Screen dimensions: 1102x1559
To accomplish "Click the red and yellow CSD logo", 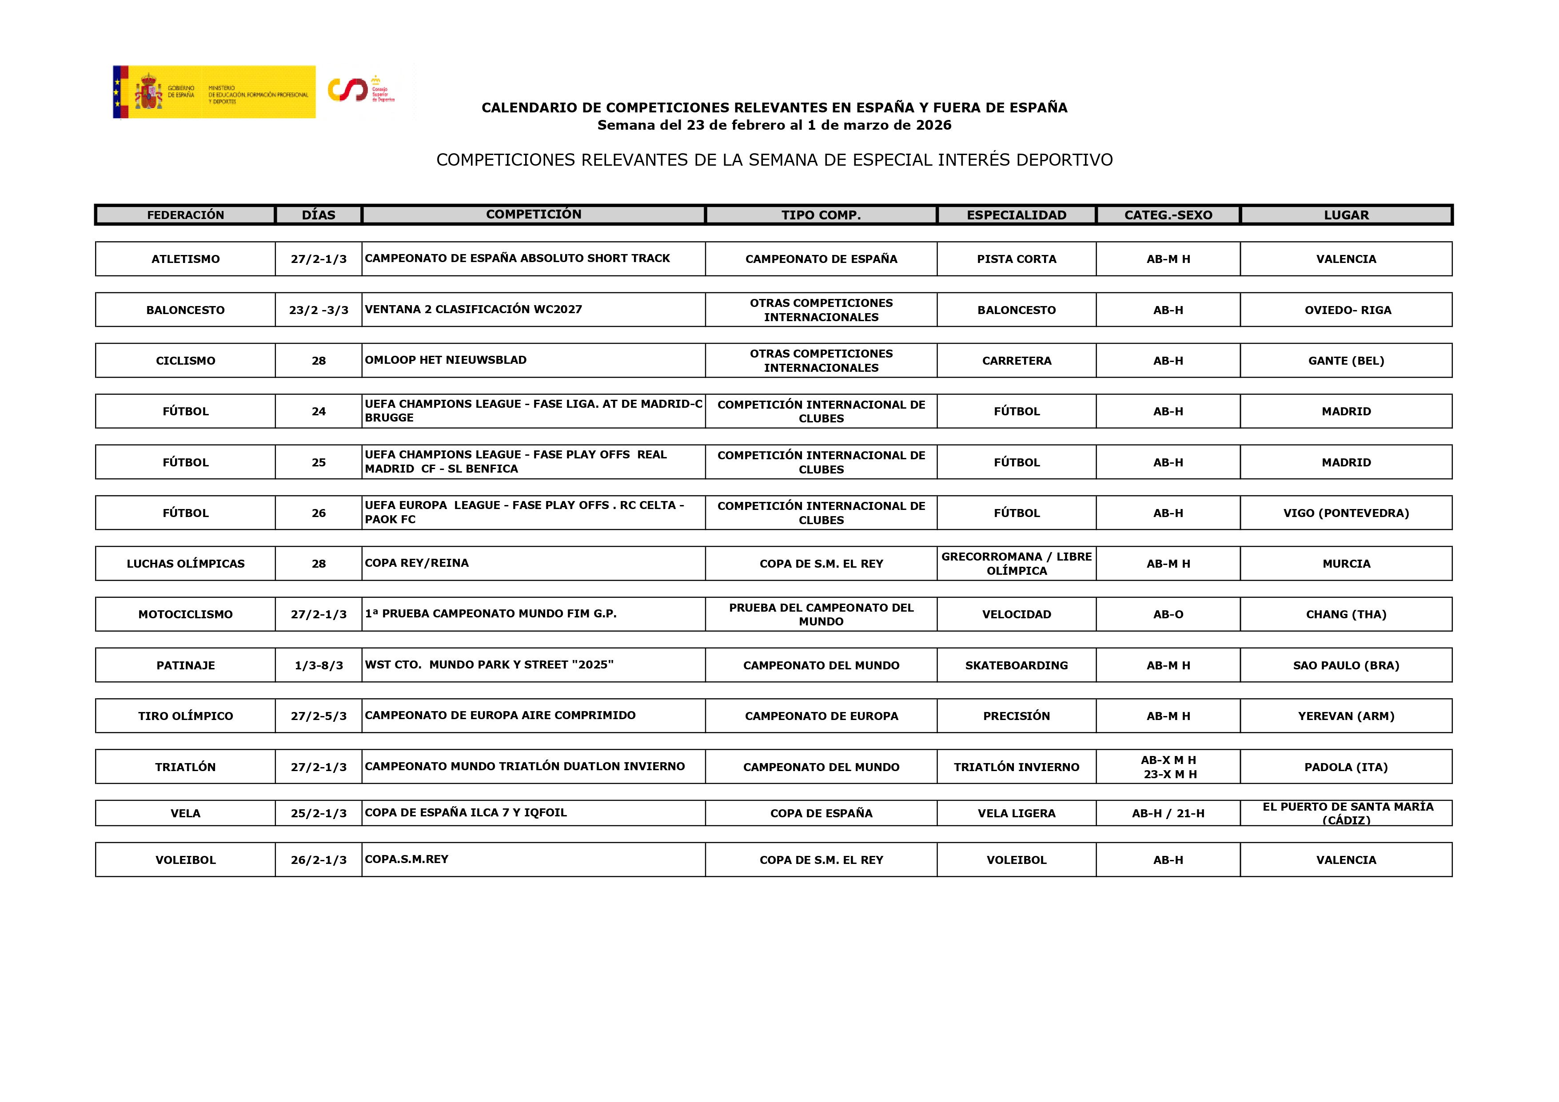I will click(x=347, y=90).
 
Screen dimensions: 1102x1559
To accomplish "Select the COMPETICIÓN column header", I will click(x=533, y=215).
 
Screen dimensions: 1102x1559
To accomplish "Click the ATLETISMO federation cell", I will click(x=185, y=259).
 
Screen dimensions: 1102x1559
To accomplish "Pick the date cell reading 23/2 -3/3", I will click(x=319, y=310).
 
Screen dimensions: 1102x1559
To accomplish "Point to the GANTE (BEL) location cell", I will click(x=1346, y=361).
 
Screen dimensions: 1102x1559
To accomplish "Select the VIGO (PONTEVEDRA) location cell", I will click(x=1346, y=513).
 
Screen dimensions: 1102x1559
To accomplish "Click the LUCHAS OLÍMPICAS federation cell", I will click(x=185, y=564).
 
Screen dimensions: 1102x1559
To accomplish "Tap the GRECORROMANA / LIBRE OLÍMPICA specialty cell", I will click(x=1017, y=564).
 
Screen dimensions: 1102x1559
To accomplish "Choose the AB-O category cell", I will click(x=1168, y=614).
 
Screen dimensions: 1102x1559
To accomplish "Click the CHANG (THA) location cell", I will click(x=1346, y=614).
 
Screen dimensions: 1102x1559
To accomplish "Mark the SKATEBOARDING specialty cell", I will click(x=1017, y=665).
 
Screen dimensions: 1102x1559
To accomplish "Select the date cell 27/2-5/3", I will click(x=319, y=716).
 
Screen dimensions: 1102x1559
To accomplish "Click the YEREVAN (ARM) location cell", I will click(x=1346, y=716).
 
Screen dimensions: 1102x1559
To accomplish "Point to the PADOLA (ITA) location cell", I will click(x=1346, y=767).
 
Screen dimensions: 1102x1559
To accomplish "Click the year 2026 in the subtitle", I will click(x=933, y=125).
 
